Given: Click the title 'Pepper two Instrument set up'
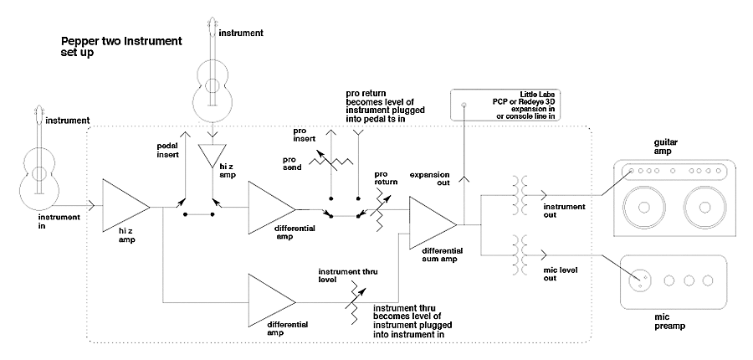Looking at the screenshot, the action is coord(121,47).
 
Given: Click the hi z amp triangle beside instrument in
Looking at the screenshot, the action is coord(125,206).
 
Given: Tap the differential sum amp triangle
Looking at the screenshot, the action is coord(433,223).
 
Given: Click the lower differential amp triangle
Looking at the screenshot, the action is coord(272,301).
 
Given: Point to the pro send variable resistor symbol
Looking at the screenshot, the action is coord(331,161).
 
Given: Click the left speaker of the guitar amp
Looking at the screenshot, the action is coord(643,207).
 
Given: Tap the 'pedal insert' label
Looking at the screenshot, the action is coord(168,150).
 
